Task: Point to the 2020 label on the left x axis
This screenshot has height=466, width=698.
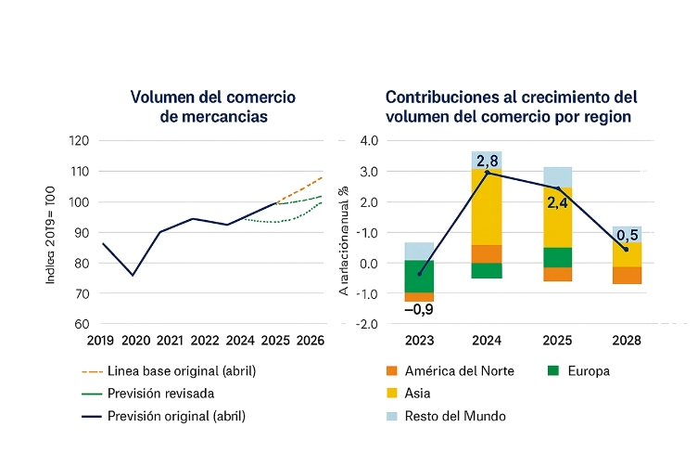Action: (x=135, y=341)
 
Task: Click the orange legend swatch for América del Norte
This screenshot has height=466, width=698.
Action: (x=391, y=371)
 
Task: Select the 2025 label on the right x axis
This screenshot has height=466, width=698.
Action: (x=557, y=341)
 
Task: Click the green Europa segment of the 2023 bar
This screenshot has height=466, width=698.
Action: (x=419, y=277)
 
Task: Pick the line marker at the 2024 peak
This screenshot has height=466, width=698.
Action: (x=488, y=173)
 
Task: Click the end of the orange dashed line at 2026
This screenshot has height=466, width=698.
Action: (x=322, y=176)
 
